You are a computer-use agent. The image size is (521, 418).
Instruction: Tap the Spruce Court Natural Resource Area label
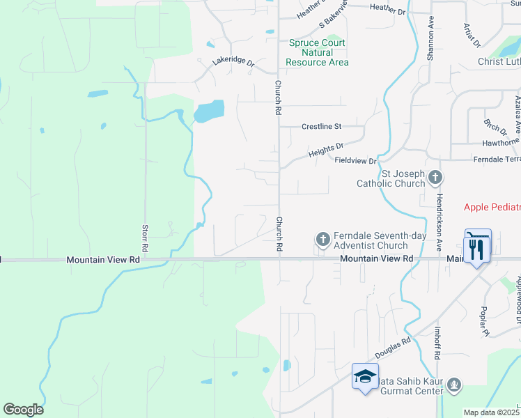point(318,53)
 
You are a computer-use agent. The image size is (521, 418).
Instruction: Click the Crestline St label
point(321,127)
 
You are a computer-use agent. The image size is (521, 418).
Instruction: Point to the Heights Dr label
point(326,148)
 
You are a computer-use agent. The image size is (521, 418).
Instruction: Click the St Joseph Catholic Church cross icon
point(435,177)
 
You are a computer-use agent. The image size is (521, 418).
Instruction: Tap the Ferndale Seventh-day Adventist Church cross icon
point(322,240)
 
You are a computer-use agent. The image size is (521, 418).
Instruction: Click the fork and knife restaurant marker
point(477,249)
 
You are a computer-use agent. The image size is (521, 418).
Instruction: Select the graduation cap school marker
point(364,377)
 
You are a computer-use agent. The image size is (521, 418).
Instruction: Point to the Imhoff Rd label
point(437,345)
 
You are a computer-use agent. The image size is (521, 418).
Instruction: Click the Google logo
point(23,410)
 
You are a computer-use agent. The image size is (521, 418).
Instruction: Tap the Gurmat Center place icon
point(454,384)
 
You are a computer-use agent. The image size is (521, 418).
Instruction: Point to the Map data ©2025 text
point(491,412)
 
